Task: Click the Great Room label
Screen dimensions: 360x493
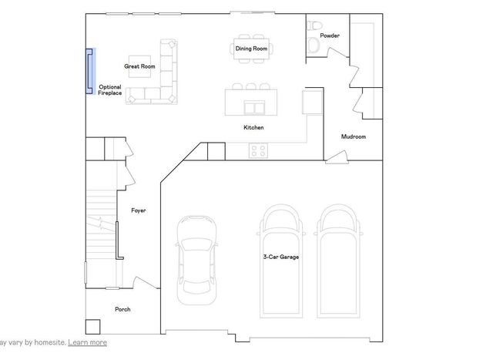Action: click(x=139, y=67)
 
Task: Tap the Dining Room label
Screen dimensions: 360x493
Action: click(x=251, y=49)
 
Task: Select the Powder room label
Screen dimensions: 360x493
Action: click(x=330, y=35)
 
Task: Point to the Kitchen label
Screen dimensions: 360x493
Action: click(x=253, y=127)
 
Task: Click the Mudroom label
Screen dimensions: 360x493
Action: click(x=354, y=136)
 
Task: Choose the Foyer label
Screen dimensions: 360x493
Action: click(x=139, y=210)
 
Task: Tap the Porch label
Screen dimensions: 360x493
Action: click(x=122, y=309)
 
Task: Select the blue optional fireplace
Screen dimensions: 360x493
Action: click(x=89, y=71)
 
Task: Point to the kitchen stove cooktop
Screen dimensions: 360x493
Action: click(x=258, y=150)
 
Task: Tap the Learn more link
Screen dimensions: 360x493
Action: click(x=87, y=342)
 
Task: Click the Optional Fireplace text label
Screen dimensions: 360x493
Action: click(x=110, y=90)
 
